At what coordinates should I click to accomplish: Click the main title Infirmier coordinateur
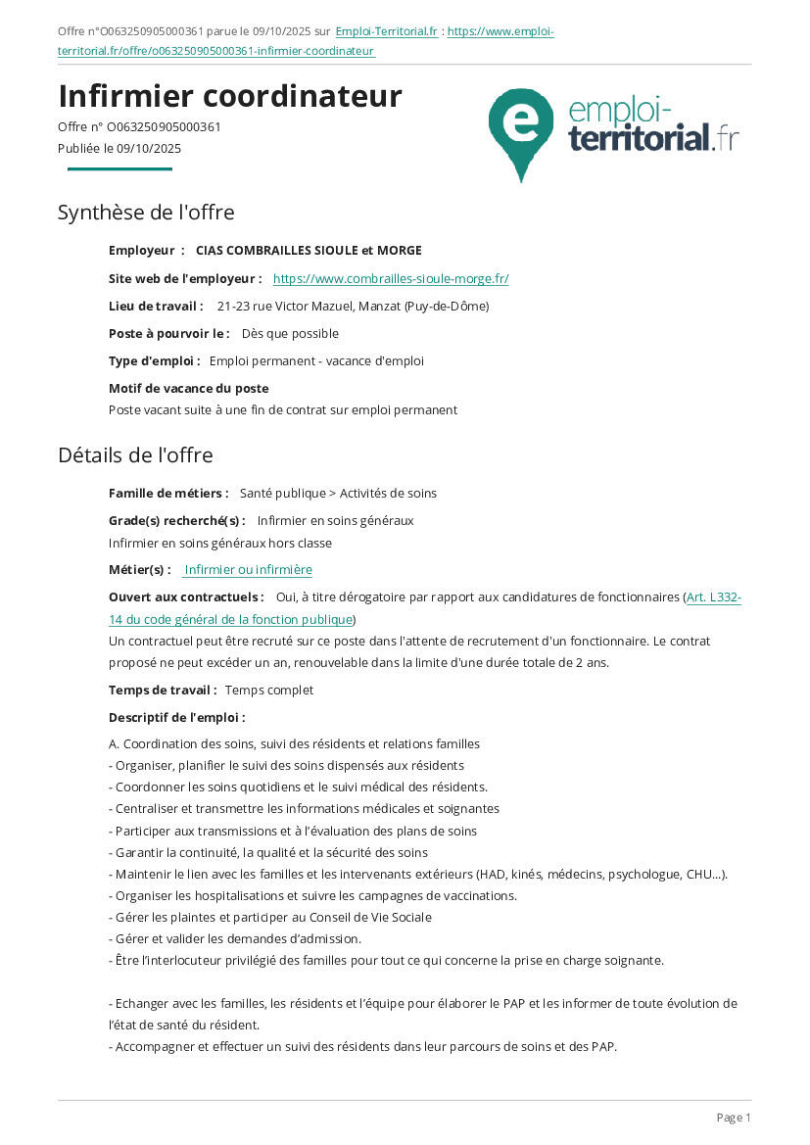(230, 96)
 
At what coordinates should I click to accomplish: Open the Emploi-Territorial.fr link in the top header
(386, 31)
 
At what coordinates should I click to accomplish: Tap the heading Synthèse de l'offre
(146, 213)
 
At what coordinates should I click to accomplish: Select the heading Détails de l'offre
(135, 455)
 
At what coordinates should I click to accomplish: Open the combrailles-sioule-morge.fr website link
(391, 279)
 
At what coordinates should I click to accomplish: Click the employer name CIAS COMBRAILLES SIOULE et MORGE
(309, 251)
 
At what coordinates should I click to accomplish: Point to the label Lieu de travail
(156, 307)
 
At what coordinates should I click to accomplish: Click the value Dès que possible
(290, 334)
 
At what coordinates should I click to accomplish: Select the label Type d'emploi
(154, 361)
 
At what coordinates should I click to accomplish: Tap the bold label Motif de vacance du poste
(188, 389)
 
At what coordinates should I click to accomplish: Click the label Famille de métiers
(168, 494)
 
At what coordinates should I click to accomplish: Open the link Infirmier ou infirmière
(248, 570)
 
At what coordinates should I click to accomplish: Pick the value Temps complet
(269, 691)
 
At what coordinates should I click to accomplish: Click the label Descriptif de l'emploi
(176, 718)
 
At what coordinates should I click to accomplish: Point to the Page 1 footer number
(734, 1118)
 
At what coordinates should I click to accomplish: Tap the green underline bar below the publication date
(119, 169)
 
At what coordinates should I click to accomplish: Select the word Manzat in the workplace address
(381, 307)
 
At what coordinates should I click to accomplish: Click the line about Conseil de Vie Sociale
(269, 918)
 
